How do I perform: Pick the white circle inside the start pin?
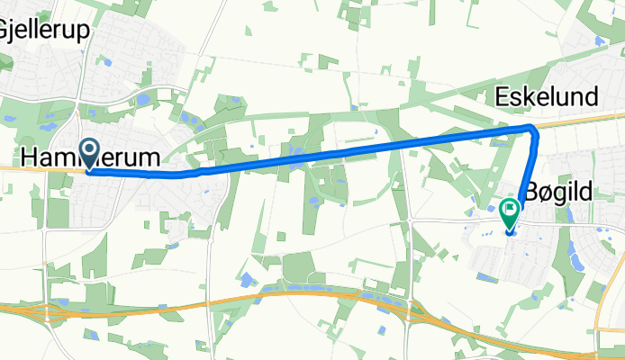pos(90,149)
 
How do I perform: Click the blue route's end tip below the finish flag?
pos(510,233)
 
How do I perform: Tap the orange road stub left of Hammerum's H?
pos(9,166)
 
